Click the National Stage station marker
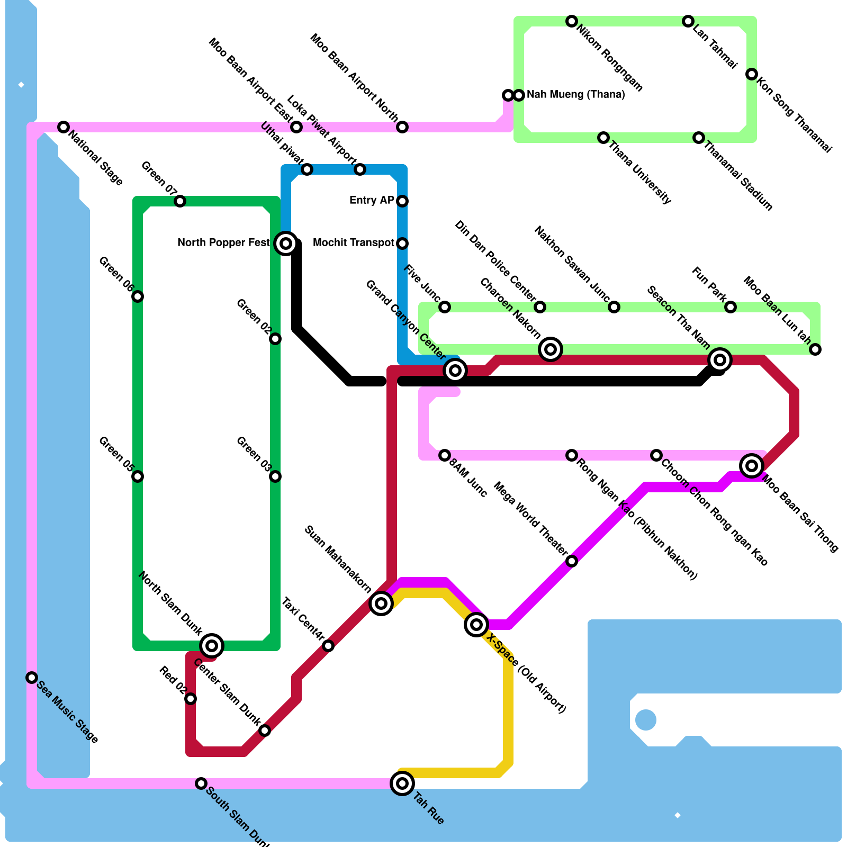pyautogui.click(x=64, y=127)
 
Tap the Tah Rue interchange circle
pyautogui.click(x=402, y=783)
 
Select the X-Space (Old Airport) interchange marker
pyautogui.click(x=476, y=625)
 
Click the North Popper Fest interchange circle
pyautogui.click(x=286, y=244)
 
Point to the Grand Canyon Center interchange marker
pyautogui.click(x=455, y=371)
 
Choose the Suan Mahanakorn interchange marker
pyautogui.click(x=381, y=603)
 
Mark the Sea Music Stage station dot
pyautogui.click(x=32, y=678)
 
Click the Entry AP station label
pyautogui.click(x=372, y=201)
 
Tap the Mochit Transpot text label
pyautogui.click(x=353, y=243)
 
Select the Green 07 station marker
pyautogui.click(x=180, y=201)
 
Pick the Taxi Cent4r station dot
pyautogui.click(x=328, y=646)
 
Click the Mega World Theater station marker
pyautogui.click(x=572, y=561)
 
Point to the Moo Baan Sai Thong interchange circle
pyautogui.click(x=752, y=466)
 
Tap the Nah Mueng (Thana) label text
pyautogui.click(x=575, y=95)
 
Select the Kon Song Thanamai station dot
pyautogui.click(x=752, y=74)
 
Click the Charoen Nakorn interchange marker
pyautogui.click(x=551, y=349)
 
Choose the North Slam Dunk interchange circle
pyautogui.click(x=212, y=645)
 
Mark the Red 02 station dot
pyautogui.click(x=191, y=699)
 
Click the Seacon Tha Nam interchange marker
pyautogui.click(x=720, y=360)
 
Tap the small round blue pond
pyautogui.click(x=646, y=720)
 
